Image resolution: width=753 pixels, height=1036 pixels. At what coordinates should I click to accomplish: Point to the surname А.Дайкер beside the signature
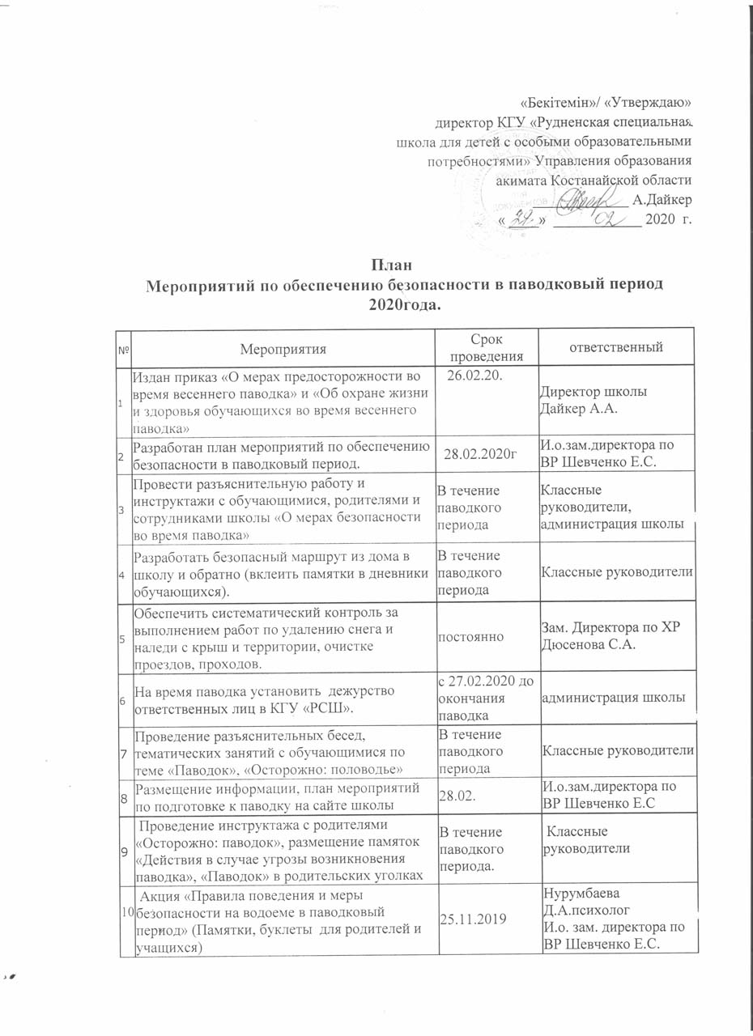[x=662, y=199]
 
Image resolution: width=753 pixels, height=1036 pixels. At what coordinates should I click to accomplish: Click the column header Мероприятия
[x=283, y=349]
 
